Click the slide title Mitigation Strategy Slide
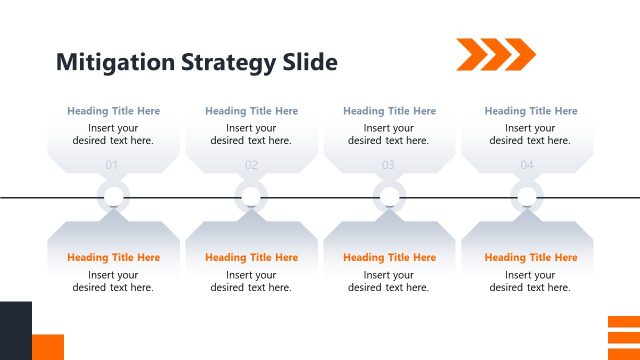(197, 62)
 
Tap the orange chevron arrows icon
(496, 54)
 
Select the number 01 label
(112, 165)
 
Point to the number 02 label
(251, 165)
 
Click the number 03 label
(388, 165)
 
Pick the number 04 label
(527, 165)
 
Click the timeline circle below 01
(113, 196)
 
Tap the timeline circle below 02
(251, 196)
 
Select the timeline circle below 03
(388, 196)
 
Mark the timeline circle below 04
(527, 196)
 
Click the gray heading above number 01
(113, 111)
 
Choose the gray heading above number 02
(251, 111)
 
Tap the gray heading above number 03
(389, 111)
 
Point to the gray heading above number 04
(530, 111)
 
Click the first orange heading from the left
(113, 258)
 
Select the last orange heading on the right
(530, 258)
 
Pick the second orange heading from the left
(251, 258)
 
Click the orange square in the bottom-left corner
(48, 347)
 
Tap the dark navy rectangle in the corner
(15, 330)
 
